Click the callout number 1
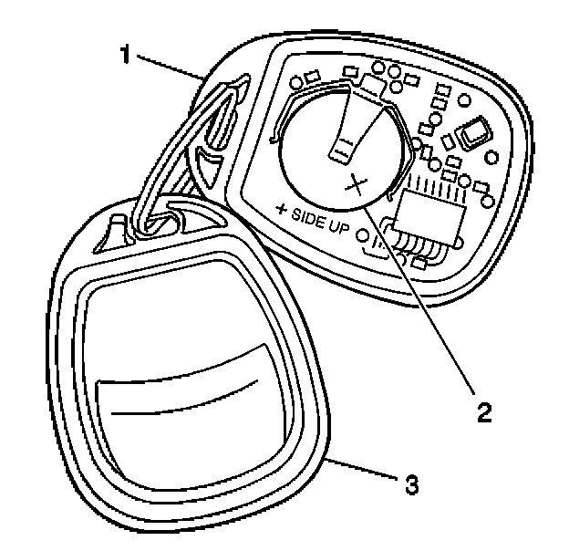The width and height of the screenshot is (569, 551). (x=127, y=54)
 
